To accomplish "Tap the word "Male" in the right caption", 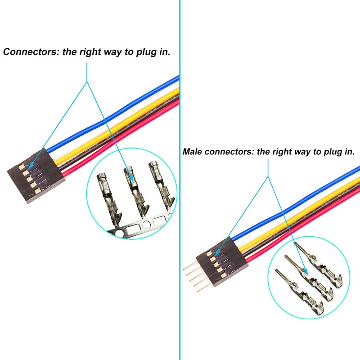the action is [x=192, y=152].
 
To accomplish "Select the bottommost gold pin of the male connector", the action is [x=204, y=292].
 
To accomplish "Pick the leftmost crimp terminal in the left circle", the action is [x=108, y=198].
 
